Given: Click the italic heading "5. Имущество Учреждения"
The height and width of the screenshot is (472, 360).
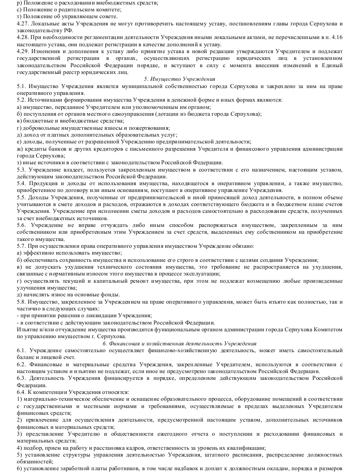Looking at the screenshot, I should click(179, 79).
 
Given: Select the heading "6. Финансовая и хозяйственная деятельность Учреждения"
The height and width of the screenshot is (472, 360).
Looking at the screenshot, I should click(179, 344).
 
